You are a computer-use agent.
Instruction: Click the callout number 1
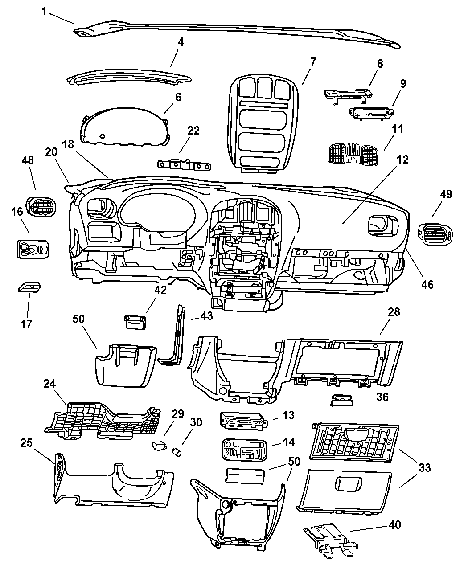45,11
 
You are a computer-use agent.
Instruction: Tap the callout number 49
446,194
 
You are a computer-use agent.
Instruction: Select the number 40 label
394,524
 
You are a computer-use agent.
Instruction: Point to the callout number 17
26,324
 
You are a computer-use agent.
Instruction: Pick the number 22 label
193,131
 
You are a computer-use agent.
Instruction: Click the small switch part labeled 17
29,287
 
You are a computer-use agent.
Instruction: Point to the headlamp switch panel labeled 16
33,248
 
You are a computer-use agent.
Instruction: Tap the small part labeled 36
342,400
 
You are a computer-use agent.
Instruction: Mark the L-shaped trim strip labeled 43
175,339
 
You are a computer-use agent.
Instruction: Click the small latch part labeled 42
135,321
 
